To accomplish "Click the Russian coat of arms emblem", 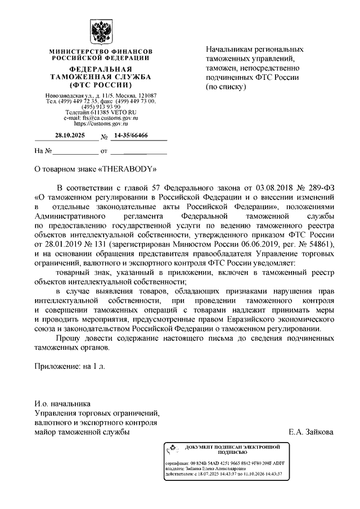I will point(101,33).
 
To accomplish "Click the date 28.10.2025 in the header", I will point(67,135).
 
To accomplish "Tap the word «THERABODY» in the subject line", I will point(128,168).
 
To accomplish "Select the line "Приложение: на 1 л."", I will point(70,366).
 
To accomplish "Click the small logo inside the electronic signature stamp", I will point(171,449).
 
